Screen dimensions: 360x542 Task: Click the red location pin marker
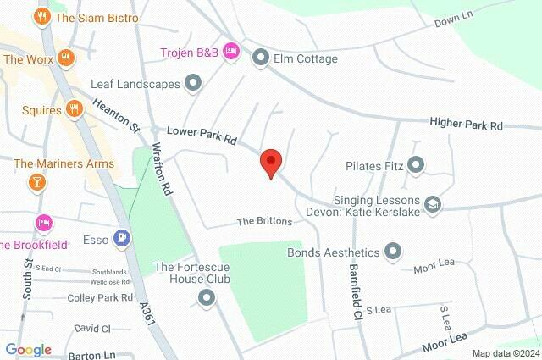[270, 161]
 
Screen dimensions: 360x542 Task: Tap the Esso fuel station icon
[124, 240]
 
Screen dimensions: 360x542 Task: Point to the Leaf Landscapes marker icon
[194, 83]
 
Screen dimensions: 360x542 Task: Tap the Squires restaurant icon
[75, 108]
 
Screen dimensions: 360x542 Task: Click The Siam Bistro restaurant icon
[40, 16]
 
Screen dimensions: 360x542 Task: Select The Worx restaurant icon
[68, 58]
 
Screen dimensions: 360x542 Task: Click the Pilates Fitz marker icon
[416, 164]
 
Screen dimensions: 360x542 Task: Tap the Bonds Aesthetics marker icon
[392, 252]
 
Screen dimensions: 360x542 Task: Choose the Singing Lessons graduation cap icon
[434, 203]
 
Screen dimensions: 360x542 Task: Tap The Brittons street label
[264, 221]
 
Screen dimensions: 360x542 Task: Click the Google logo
[27, 350]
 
